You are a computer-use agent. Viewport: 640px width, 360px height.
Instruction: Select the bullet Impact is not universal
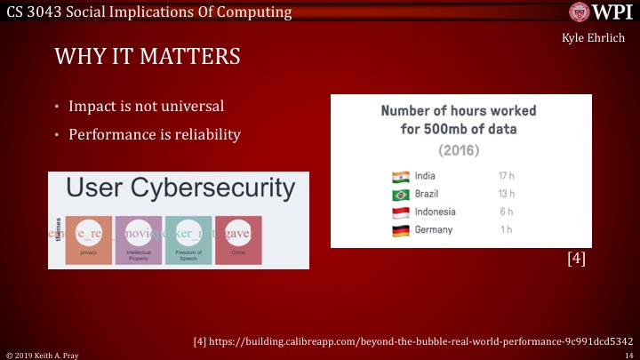tap(148, 108)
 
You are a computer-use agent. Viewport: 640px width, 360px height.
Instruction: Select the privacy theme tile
tap(88, 240)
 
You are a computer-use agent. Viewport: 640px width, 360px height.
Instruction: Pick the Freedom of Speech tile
tap(188, 240)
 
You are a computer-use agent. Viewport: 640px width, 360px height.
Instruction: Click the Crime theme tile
tap(237, 240)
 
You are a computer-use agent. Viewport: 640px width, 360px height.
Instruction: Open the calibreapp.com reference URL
tap(412, 340)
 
